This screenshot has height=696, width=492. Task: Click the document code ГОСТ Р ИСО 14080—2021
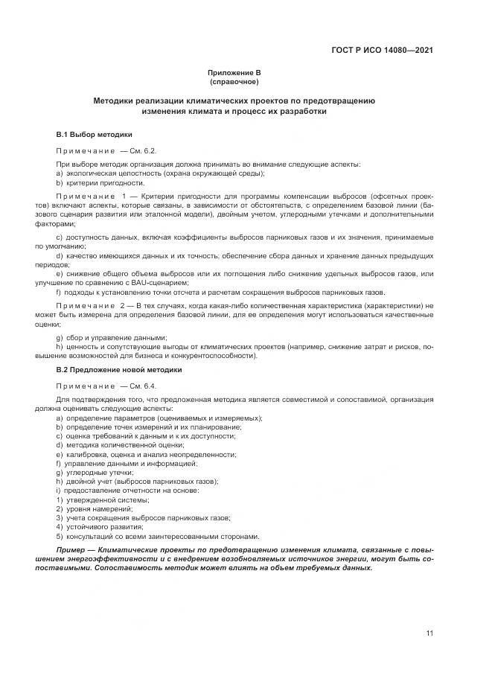point(382,51)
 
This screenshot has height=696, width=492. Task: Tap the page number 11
point(429,633)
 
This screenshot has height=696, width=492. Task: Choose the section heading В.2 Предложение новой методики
point(118,369)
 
